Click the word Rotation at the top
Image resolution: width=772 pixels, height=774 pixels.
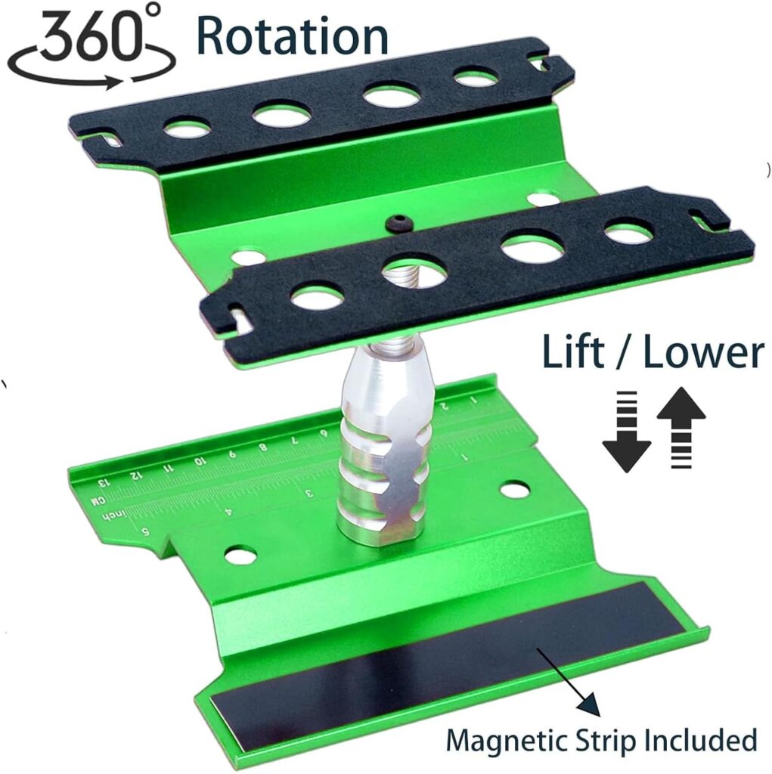[x=292, y=36]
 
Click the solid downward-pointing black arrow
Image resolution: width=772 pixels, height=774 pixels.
[x=626, y=432]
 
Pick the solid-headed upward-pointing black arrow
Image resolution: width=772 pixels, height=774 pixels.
[x=681, y=428]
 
